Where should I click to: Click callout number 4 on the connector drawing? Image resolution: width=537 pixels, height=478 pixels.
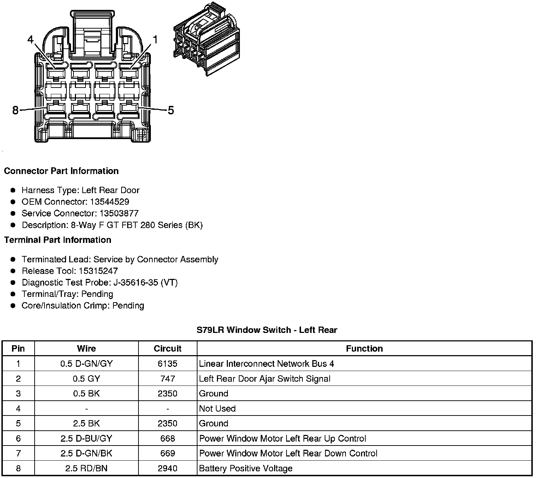(30, 40)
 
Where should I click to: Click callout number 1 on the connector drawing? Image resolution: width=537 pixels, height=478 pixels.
(155, 40)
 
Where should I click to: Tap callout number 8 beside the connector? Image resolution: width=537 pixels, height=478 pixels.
(15, 110)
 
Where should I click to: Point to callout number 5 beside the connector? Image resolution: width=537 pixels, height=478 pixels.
(171, 110)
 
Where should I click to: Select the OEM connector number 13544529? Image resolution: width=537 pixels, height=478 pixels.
(110, 202)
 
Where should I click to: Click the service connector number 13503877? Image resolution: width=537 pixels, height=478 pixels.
(119, 214)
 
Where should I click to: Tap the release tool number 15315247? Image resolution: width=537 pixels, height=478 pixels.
(98, 271)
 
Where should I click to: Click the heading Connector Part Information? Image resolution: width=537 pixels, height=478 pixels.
(61, 171)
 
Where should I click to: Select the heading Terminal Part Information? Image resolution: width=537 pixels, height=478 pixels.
(58, 240)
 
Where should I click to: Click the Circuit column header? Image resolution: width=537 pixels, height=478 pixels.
(167, 349)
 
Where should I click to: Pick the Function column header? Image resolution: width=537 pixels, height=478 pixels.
(364, 349)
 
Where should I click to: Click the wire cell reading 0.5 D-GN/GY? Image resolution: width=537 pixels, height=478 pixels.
(87, 364)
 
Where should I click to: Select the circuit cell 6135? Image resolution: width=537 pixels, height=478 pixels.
(167, 364)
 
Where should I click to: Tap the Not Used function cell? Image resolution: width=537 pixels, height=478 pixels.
(217, 409)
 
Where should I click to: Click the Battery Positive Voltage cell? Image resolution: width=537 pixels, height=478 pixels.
(246, 468)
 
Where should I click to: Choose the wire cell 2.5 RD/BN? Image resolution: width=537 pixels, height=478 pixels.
(87, 468)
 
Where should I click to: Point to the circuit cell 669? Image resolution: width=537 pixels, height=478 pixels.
(167, 454)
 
